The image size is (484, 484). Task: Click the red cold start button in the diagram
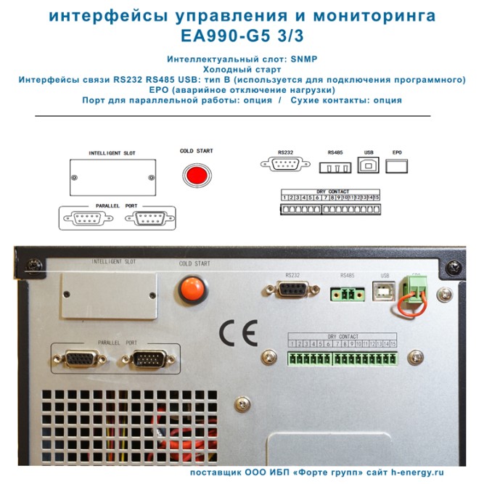click(x=196, y=175)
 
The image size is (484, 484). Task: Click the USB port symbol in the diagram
click(x=369, y=165)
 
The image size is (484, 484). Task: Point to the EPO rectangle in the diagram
click(x=396, y=165)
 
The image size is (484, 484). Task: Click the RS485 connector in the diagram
click(x=335, y=167)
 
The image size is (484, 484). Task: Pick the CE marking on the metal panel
click(x=238, y=334)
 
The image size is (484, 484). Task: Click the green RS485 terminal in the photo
click(x=345, y=293)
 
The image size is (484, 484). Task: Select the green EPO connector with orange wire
click(x=417, y=292)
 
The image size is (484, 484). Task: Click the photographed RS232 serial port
click(x=292, y=290)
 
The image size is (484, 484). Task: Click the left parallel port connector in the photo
click(x=85, y=358)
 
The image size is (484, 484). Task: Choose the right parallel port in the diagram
click(x=150, y=218)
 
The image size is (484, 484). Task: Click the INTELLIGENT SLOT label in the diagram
click(x=112, y=154)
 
